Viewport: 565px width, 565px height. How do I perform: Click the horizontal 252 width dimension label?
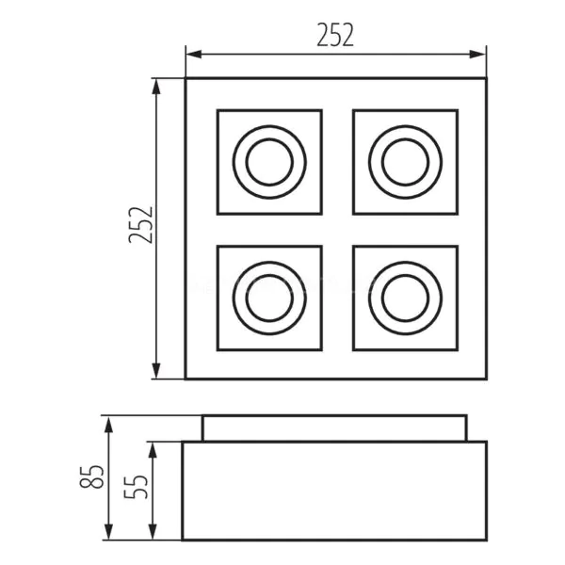pos(335,35)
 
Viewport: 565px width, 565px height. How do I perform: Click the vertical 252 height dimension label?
pos(141,225)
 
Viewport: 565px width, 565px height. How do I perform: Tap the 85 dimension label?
pos(91,476)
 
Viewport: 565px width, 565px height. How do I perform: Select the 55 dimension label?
pos(136,487)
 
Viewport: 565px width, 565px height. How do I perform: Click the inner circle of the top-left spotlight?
pos(269,138)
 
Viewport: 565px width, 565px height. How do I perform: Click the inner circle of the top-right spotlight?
pos(405,138)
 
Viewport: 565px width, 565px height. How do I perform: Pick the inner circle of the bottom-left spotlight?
pos(269,275)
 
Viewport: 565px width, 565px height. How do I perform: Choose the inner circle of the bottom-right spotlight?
pos(405,275)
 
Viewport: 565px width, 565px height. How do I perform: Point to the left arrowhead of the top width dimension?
pos(193,55)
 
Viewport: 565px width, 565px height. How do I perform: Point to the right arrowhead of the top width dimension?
pos(477,55)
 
